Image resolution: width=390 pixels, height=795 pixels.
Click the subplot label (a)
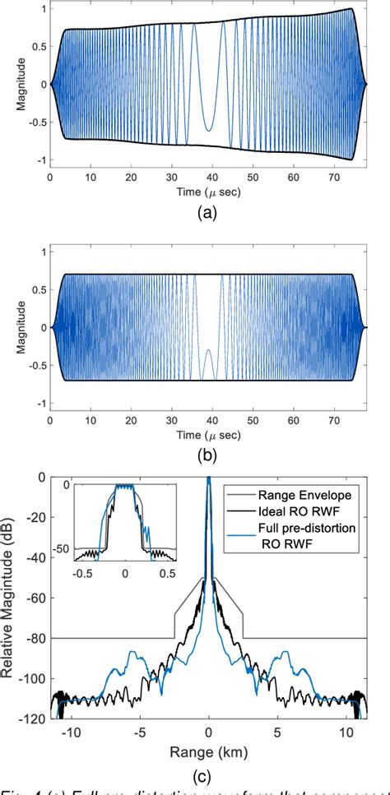(x=208, y=210)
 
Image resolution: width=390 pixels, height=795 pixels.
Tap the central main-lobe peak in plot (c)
(x=209, y=479)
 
